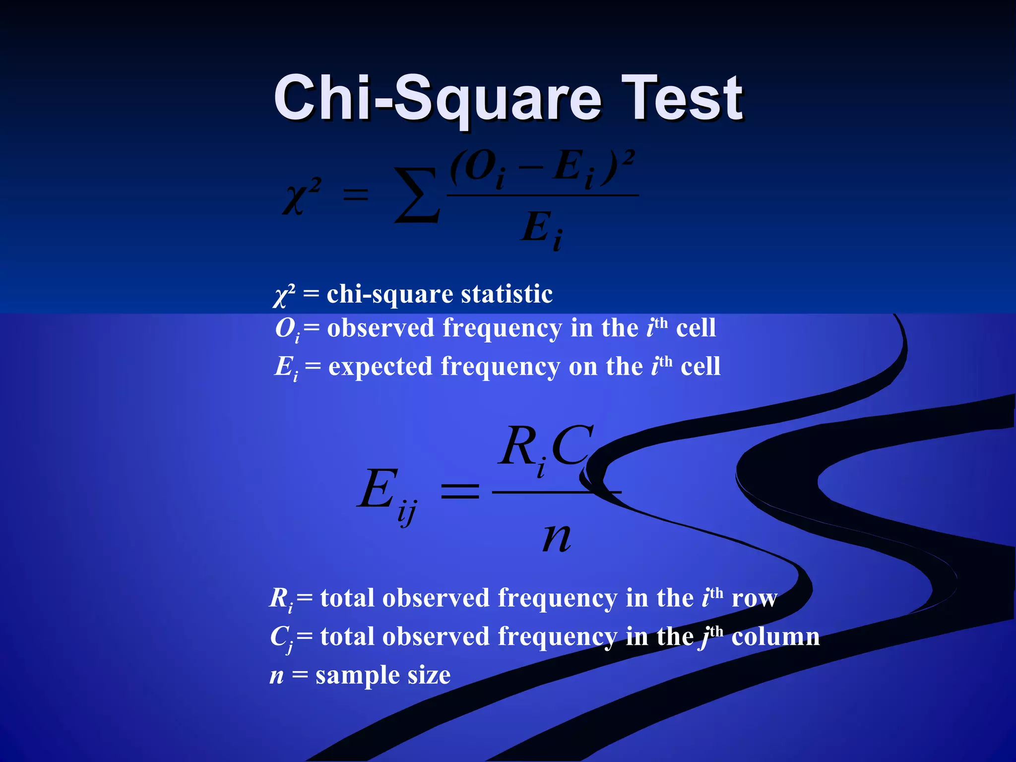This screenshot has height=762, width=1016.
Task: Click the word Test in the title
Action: tap(682, 98)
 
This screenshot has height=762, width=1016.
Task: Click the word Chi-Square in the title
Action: tap(437, 98)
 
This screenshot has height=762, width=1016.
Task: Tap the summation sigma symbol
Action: tap(417, 195)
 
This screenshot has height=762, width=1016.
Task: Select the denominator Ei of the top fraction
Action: tap(542, 229)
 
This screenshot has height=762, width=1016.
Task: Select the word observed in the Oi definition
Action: tap(381, 328)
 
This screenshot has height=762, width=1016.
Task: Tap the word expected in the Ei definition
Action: tap(381, 367)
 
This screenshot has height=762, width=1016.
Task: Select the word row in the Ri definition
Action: tap(754, 598)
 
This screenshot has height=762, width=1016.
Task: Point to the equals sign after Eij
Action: tap(460, 491)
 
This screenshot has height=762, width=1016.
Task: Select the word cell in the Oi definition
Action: tap(696, 328)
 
